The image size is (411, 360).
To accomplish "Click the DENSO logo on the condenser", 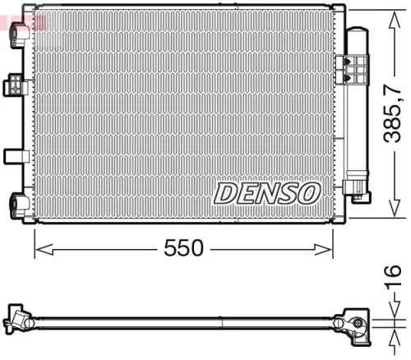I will point(267,193).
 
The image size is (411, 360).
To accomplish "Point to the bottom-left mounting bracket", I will point(17,201).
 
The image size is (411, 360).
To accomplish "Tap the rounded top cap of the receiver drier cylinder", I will point(358,33).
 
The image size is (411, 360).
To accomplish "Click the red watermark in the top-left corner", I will point(23,16).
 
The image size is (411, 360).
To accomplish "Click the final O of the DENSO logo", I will point(307,193).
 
